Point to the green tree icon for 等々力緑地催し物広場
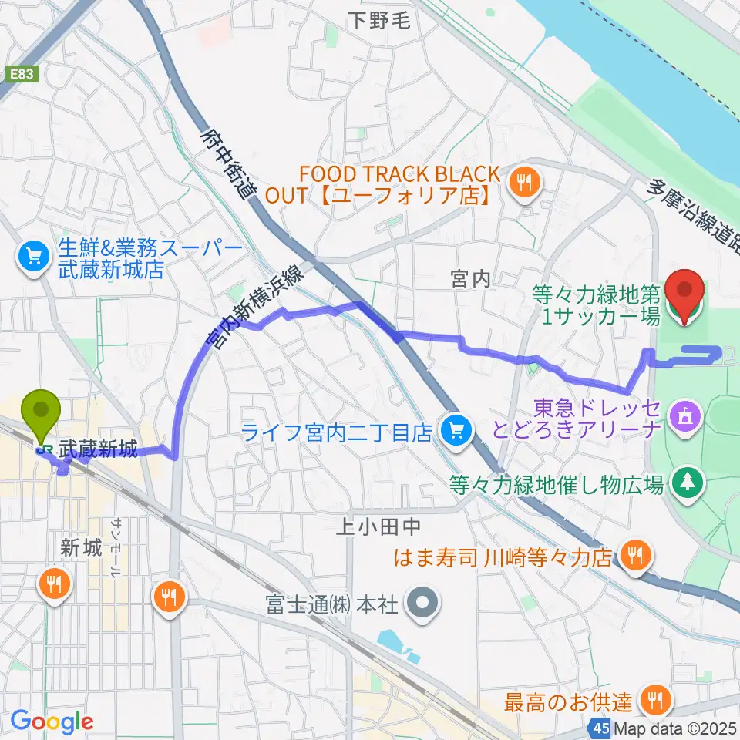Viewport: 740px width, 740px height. pyautogui.click(x=684, y=483)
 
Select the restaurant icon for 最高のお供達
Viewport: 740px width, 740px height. pyautogui.click(x=655, y=701)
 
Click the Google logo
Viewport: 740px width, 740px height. pyautogui.click(x=52, y=721)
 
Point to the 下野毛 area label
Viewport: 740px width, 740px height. pyautogui.click(x=378, y=21)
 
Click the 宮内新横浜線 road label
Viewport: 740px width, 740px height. pyautogui.click(x=259, y=301)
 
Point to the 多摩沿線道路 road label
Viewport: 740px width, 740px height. pyautogui.click(x=693, y=216)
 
